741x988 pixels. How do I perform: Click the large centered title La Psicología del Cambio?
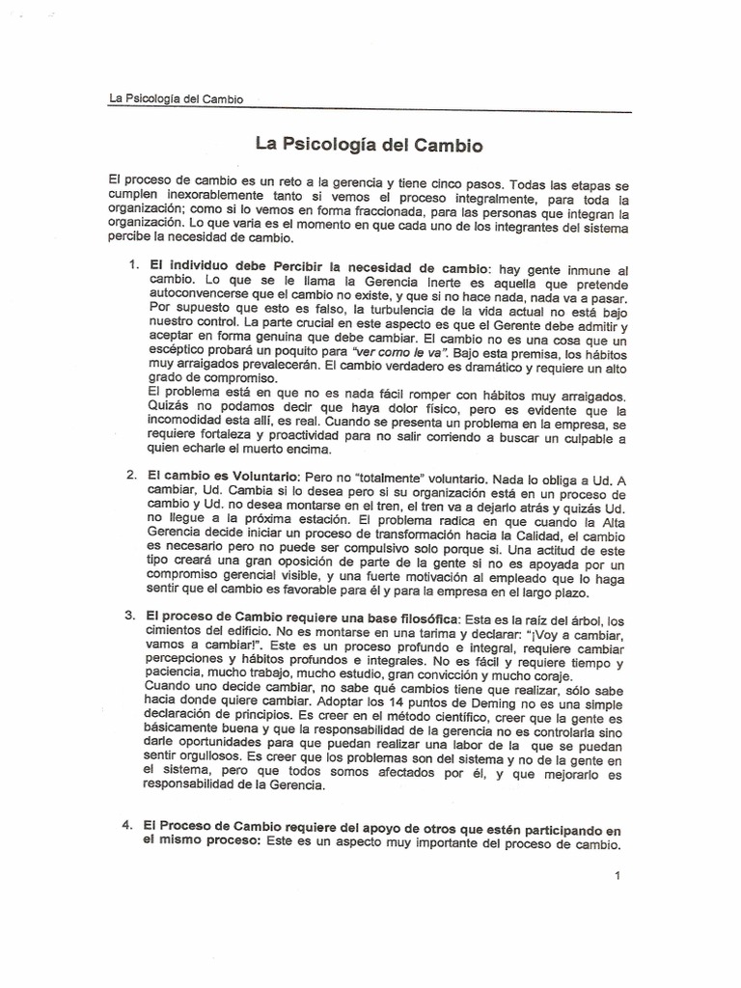click(x=368, y=146)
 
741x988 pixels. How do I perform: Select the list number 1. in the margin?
click(x=133, y=264)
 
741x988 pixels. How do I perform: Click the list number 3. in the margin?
click(x=132, y=616)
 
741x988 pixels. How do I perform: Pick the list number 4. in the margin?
click(x=132, y=828)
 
